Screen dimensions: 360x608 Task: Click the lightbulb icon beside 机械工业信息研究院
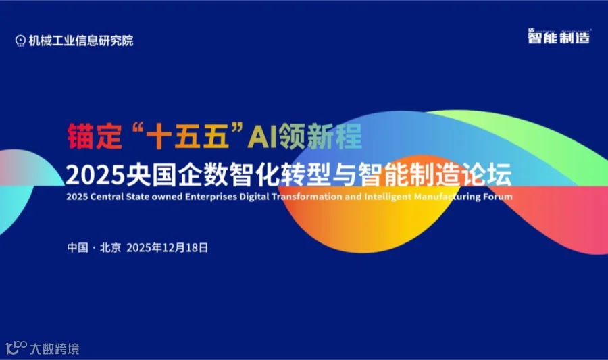click(21, 40)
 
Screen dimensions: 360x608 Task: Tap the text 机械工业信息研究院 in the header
click(81, 40)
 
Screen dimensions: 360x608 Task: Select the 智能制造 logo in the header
click(558, 37)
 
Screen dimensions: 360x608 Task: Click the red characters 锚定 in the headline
click(93, 137)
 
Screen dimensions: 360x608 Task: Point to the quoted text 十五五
click(180, 137)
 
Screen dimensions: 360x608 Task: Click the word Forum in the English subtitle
click(499, 197)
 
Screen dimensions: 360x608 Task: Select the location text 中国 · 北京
click(94, 248)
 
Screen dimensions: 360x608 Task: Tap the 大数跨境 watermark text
click(55, 349)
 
